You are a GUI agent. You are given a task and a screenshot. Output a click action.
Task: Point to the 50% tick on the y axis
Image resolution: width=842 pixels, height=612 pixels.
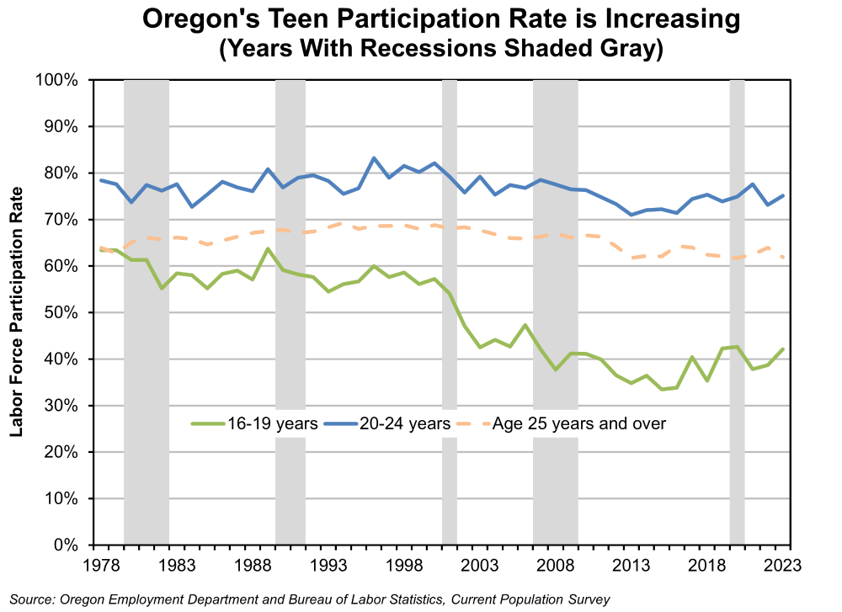[x=62, y=312]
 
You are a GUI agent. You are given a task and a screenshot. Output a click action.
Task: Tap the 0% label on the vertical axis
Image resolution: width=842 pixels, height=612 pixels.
[x=67, y=545]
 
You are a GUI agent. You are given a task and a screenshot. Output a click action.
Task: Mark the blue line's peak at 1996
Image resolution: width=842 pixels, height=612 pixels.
[x=374, y=158]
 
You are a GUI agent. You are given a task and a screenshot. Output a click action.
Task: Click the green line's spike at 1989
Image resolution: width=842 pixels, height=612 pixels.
[x=268, y=249]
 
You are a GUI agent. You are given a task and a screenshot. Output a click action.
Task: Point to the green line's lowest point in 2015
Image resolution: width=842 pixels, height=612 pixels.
[x=663, y=389]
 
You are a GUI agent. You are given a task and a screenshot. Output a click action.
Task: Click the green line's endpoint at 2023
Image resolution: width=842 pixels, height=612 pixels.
[x=784, y=349]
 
